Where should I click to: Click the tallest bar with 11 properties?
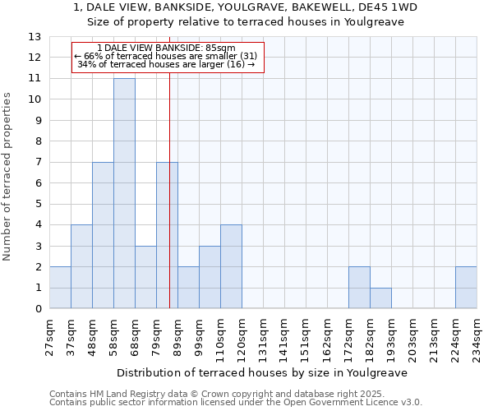pyautogui.click(x=124, y=193)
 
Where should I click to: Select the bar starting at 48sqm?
pyautogui.click(x=103, y=235)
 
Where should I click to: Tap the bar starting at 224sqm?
pyautogui.click(x=466, y=288)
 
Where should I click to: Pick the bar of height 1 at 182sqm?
pyautogui.click(x=380, y=298)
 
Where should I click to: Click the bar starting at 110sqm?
pyautogui.click(x=231, y=266)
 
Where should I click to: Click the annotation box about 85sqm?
pyautogui.click(x=167, y=57)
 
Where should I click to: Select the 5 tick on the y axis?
pyautogui.click(x=38, y=204)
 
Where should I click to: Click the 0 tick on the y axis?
pyautogui.click(x=38, y=309)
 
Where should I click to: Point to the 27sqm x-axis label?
pyautogui.click(x=49, y=337)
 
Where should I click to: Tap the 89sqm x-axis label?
pyautogui.click(x=177, y=337)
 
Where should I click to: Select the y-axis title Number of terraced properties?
pyautogui.click(x=7, y=177)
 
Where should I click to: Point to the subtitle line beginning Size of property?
pyautogui.click(x=246, y=22)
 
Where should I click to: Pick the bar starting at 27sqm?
pyautogui.click(x=60, y=288)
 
